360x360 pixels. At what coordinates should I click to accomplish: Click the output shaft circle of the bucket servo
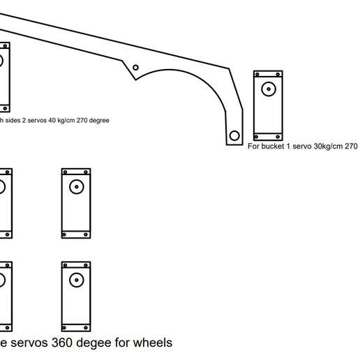[268, 89]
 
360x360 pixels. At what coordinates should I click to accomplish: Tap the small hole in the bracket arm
[136, 68]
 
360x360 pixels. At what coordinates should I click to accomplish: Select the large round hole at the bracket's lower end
[234, 135]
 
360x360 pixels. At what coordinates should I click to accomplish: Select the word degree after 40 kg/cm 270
[98, 120]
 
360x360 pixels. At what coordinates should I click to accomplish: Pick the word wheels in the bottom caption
[153, 343]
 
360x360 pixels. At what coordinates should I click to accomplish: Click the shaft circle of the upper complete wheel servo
[76, 186]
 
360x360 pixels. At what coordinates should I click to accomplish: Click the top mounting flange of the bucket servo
[268, 73]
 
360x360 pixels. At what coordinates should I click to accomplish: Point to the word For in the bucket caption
[254, 147]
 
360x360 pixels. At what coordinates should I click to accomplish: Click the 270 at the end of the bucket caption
[351, 147]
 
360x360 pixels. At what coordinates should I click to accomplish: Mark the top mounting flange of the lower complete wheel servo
[76, 265]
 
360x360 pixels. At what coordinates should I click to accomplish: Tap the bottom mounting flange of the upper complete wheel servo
[76, 234]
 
